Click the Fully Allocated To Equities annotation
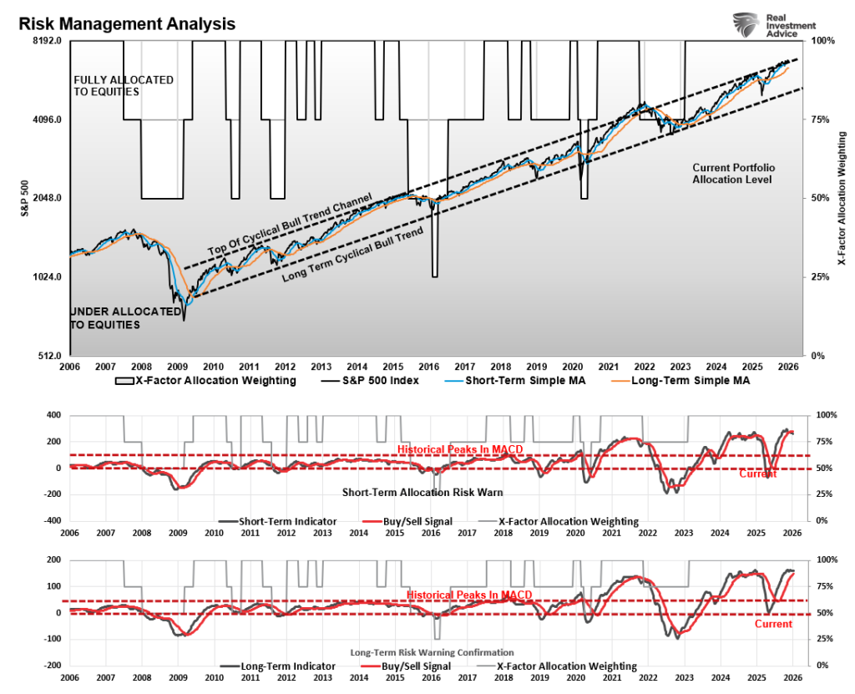click(124, 85)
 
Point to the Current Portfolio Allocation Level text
click(732, 173)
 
